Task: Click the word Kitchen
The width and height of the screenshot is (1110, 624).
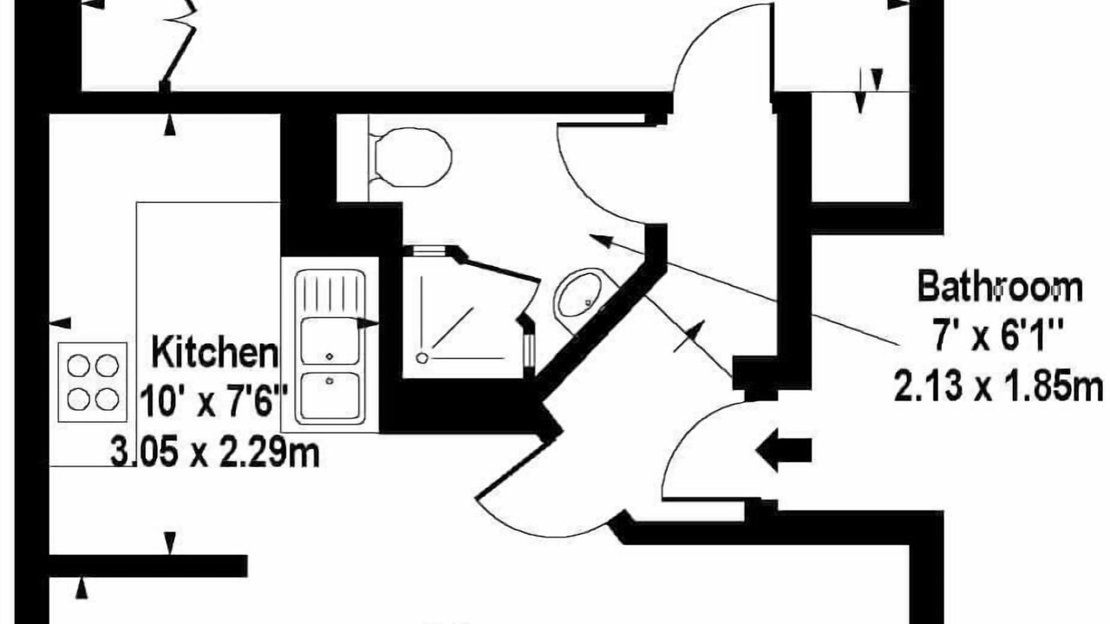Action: [x=214, y=352]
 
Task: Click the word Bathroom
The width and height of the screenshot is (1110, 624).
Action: [x=1000, y=286]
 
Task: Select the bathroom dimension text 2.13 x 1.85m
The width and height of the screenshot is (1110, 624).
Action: [x=998, y=387]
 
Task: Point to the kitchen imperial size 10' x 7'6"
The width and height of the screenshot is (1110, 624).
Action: [x=214, y=401]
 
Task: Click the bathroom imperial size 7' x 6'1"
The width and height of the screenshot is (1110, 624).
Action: [x=998, y=335]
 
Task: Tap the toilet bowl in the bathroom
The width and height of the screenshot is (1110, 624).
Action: [x=414, y=158]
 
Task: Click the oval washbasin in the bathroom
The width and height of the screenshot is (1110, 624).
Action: [x=578, y=294]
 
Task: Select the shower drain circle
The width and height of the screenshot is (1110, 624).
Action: [x=421, y=358]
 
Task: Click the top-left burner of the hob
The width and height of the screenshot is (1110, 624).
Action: [x=78, y=366]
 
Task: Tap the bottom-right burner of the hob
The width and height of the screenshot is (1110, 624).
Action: [x=107, y=400]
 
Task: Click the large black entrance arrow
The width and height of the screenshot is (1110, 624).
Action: [x=783, y=451]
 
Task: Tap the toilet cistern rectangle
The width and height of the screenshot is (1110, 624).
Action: [x=353, y=158]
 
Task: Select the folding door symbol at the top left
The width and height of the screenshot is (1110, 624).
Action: [x=180, y=44]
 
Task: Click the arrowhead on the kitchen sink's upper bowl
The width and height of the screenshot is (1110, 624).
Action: [x=368, y=324]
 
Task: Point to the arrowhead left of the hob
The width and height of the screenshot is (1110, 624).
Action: [x=61, y=323]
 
